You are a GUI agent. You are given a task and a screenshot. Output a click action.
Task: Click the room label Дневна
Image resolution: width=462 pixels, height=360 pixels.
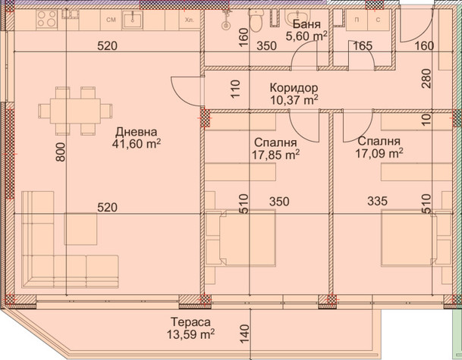point(136,132)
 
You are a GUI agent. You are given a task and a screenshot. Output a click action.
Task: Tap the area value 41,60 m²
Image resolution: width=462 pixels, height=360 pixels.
point(136,144)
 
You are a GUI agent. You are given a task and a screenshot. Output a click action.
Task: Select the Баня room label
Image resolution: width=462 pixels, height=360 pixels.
point(306,23)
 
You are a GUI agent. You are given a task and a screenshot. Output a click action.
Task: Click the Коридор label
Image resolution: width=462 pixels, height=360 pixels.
point(294,88)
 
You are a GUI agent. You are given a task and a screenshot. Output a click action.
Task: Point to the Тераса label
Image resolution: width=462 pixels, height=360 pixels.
point(190,322)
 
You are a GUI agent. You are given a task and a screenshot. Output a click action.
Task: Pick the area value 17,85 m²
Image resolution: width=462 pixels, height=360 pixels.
point(276,155)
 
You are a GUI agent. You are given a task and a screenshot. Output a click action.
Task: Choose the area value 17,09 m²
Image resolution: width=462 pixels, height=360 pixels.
point(379,153)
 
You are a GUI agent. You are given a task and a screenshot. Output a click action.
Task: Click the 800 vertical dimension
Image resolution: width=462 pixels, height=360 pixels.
point(61,152)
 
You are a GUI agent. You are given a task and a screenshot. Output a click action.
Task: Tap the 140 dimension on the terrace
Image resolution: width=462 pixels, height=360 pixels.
point(244,333)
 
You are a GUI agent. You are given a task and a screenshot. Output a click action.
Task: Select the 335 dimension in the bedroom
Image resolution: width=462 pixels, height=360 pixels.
point(378,201)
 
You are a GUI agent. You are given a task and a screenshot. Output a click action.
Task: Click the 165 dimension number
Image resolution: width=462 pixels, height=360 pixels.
point(363,46)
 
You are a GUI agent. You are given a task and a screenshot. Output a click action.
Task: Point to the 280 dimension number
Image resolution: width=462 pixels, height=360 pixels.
point(426,78)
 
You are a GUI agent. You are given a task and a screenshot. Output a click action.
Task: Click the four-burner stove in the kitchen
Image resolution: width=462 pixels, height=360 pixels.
point(47,20)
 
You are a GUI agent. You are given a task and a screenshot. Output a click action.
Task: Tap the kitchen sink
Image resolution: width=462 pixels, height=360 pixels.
point(133,20)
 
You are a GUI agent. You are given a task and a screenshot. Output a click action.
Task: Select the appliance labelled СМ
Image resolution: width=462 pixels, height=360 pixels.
point(111,20)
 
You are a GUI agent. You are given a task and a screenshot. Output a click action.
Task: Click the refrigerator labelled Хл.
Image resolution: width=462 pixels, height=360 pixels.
point(190,20)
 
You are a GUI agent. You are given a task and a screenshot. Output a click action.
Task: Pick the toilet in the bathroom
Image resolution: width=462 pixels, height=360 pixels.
point(256,21)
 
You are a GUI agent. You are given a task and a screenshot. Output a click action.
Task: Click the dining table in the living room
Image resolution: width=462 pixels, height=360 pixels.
point(75,111)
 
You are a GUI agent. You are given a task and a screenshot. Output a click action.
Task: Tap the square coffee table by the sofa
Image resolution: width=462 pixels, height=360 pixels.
point(80,229)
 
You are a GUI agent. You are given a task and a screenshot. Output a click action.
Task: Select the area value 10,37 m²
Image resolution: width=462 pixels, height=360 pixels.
point(294,100)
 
